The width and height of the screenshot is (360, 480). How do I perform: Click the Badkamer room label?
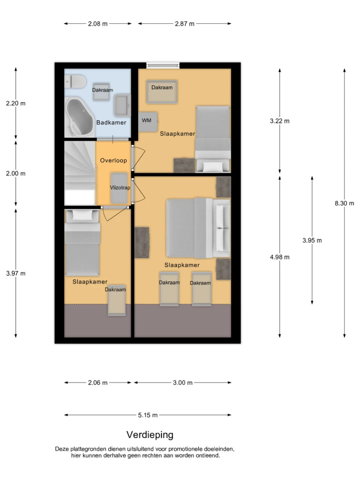pos(111,123)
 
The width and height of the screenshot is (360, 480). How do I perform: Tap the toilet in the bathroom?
pos(75,82)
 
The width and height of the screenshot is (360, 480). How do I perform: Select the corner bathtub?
pos(79,117)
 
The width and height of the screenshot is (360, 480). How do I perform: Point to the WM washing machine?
pos(148,121)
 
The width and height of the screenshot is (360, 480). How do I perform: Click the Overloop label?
pos(114,160)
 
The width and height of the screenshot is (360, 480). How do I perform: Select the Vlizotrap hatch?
pos(119,188)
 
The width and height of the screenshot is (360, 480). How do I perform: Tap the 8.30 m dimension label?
pos(344,203)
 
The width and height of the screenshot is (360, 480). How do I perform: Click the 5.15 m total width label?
pos(148,415)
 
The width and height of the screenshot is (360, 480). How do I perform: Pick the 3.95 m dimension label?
pos(312,240)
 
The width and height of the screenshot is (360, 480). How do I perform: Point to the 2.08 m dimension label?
pos(98,24)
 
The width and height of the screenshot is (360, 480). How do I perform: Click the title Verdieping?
pos(150,435)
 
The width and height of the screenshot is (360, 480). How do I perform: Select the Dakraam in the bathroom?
pos(101,91)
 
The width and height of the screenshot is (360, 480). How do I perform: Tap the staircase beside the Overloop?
pos(80,173)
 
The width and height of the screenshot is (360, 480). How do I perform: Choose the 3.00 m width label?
pos(183,383)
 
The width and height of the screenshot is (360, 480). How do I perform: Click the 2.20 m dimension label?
pos(16,103)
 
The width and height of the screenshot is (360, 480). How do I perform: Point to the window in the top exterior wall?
pos(163,65)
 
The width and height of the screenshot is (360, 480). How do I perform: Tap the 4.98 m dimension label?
pos(280,257)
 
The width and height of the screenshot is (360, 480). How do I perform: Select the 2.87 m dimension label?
pos(184,24)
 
